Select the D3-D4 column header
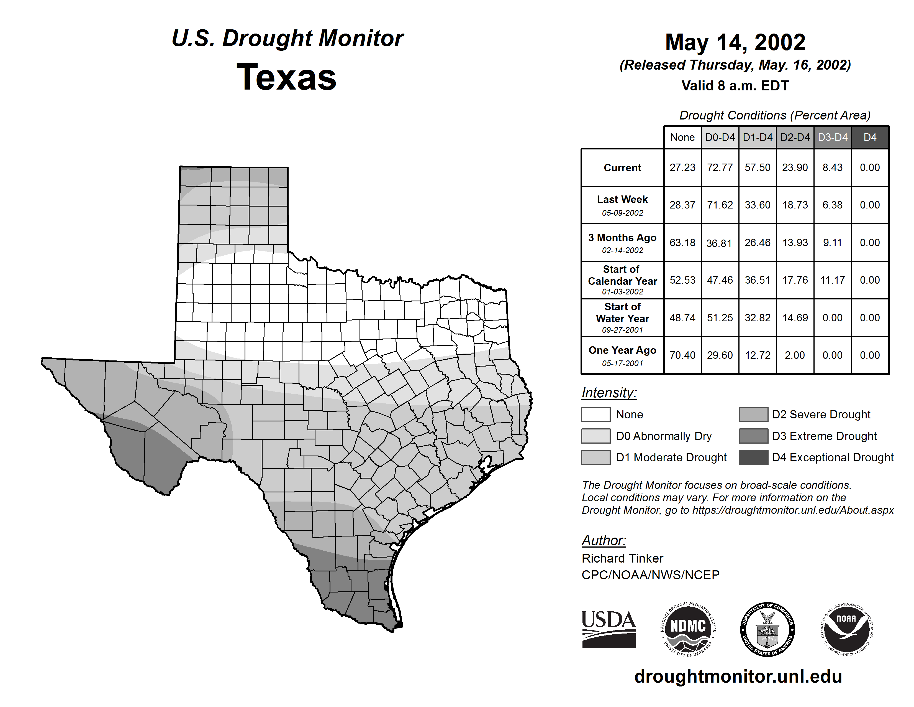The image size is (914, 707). [x=832, y=137]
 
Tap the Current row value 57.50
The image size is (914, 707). [x=757, y=167]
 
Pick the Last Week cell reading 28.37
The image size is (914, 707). [x=682, y=205]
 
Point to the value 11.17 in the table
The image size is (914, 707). [x=832, y=280]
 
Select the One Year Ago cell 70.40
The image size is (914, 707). [x=682, y=355]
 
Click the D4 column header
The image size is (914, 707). [x=870, y=137]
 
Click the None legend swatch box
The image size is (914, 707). [x=595, y=414]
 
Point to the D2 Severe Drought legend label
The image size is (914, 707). [x=821, y=414]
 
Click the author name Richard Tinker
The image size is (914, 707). [x=622, y=558]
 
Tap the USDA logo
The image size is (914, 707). [x=609, y=629]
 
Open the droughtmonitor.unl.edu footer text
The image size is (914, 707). [x=738, y=677]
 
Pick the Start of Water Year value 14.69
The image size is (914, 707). [x=795, y=318]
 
